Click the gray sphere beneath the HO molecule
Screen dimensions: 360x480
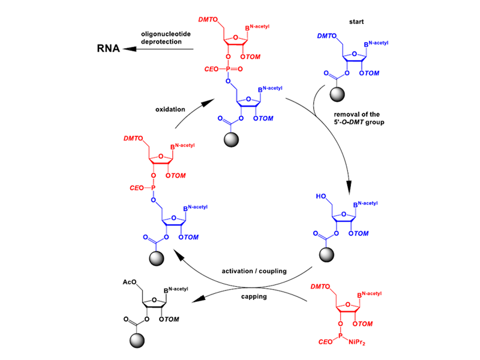pyautogui.click(x=327, y=254)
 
